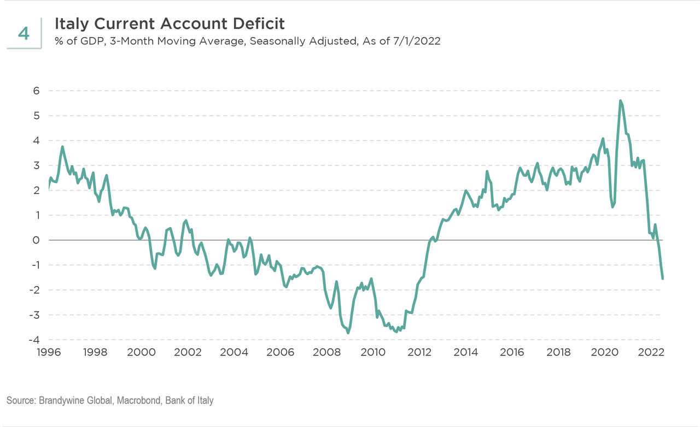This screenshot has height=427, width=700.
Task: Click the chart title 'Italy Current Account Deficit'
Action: [170, 24]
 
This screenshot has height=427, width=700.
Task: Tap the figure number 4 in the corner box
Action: [24, 33]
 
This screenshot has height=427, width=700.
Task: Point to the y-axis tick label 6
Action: [36, 91]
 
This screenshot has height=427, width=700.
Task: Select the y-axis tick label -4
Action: [34, 340]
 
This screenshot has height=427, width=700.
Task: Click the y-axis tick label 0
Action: [36, 240]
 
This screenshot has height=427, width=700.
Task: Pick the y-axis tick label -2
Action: [34, 290]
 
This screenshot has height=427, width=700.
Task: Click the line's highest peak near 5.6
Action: [620, 101]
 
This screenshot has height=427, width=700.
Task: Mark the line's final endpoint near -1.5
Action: [663, 278]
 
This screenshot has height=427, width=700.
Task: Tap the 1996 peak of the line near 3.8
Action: [62, 146]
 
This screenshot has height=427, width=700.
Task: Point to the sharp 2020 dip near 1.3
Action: [612, 207]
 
